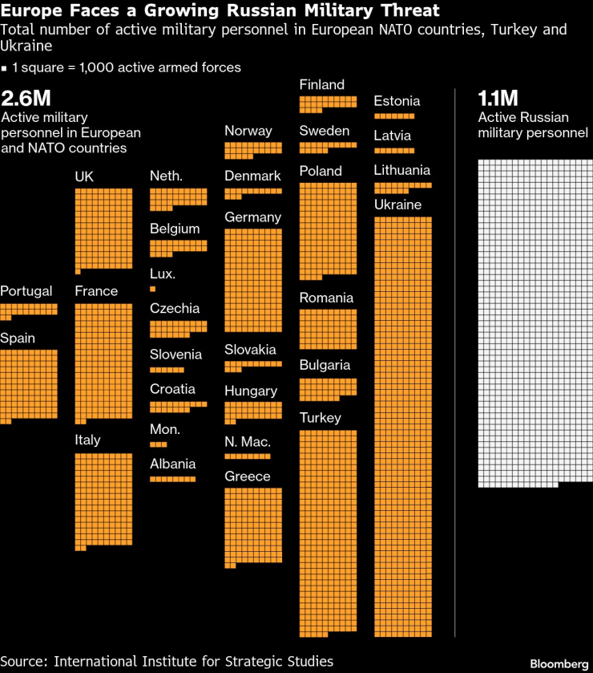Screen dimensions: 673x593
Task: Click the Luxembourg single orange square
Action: (x=152, y=288)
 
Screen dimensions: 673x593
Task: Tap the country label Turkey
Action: (x=321, y=417)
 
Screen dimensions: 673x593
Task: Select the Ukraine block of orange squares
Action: (x=403, y=425)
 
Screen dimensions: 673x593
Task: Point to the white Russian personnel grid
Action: (x=535, y=321)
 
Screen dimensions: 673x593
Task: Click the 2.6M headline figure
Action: (x=26, y=99)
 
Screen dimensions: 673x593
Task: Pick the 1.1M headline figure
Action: (x=498, y=99)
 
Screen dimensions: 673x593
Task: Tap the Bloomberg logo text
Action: (x=559, y=663)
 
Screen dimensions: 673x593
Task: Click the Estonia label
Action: (x=397, y=101)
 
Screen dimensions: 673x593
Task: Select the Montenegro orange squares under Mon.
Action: (x=158, y=444)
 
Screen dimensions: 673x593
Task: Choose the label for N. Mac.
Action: (x=248, y=441)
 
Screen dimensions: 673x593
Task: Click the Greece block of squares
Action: (x=253, y=525)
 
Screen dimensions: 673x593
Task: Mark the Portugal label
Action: (x=26, y=290)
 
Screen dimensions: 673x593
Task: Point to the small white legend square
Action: (x=5, y=68)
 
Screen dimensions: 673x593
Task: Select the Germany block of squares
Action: (x=253, y=280)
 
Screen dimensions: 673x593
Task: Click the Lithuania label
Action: (x=402, y=169)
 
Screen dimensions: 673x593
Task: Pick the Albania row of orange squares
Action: (x=172, y=479)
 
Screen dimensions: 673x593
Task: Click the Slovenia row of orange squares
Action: (x=167, y=370)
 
